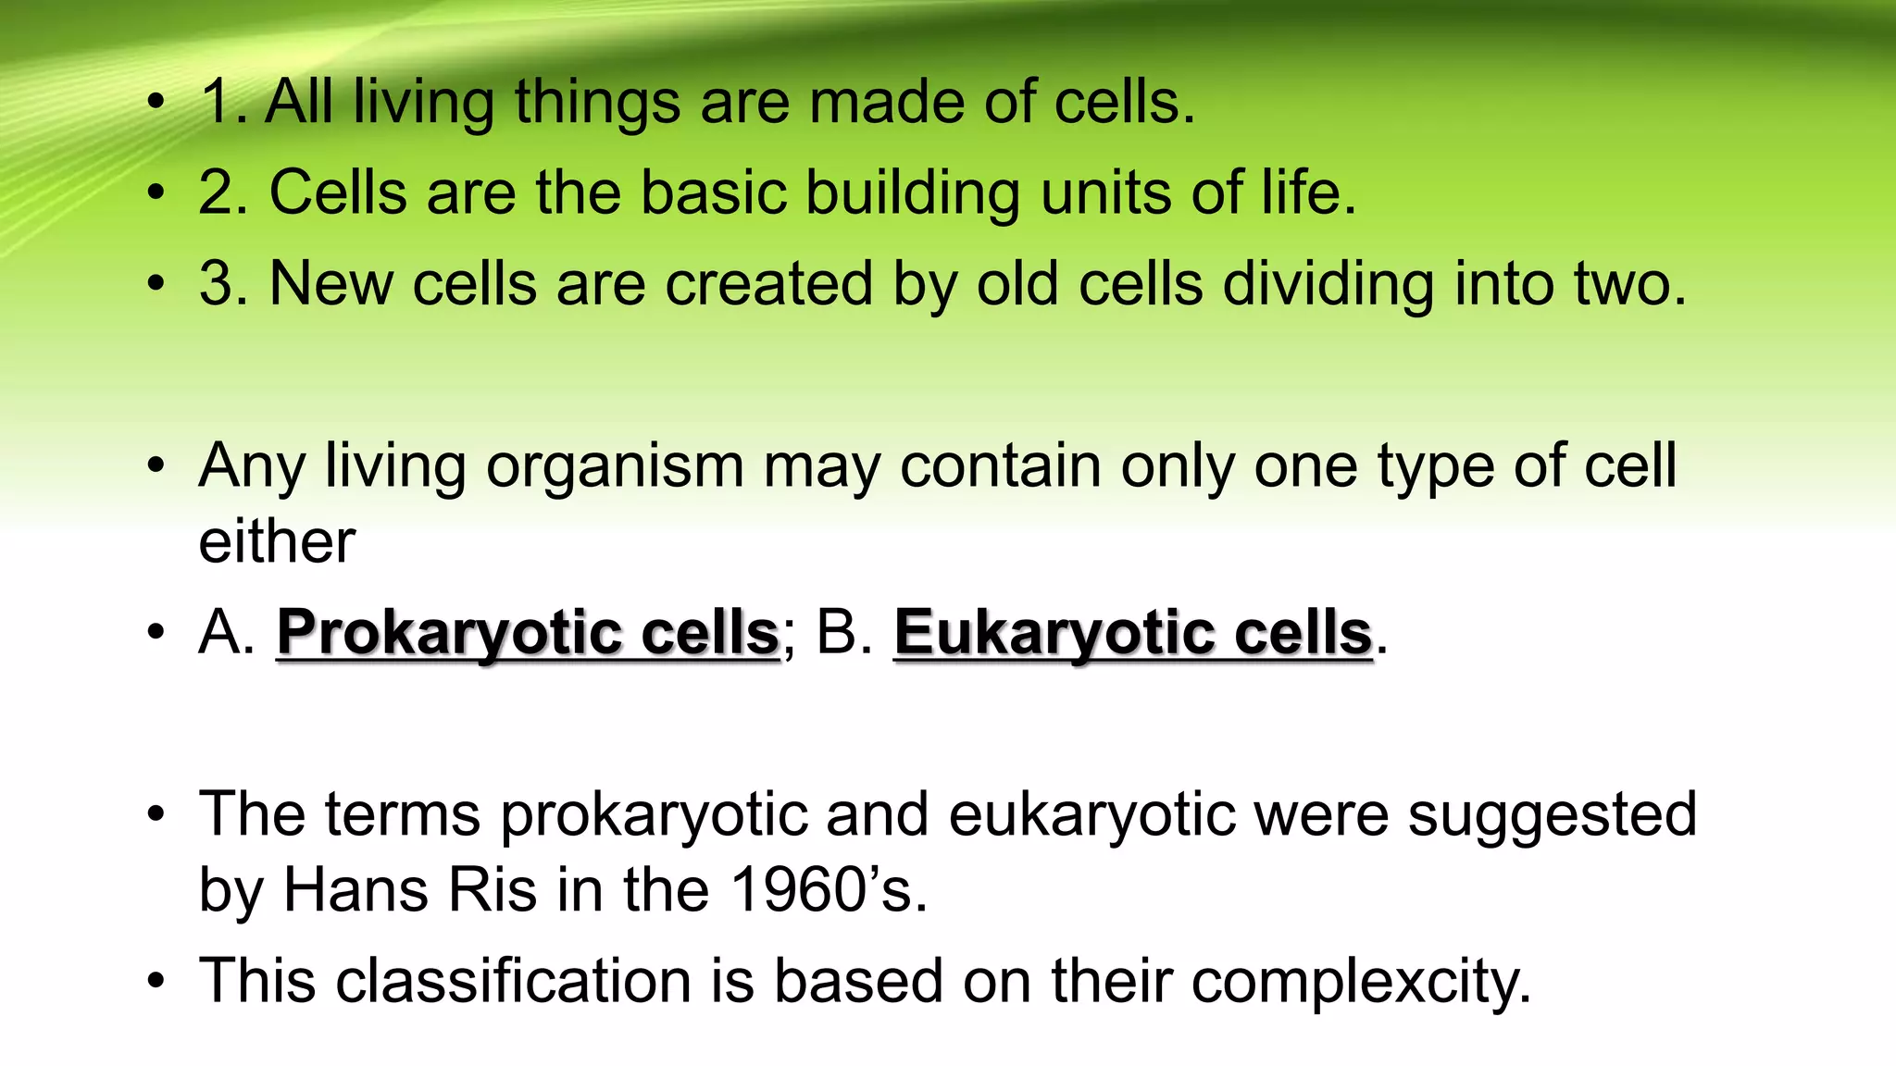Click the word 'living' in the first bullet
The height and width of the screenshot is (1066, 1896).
tap(423, 102)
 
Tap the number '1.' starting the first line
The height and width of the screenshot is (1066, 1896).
tap(223, 102)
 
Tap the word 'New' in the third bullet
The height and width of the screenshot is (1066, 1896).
tap(331, 283)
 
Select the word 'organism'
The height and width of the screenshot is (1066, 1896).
tap(614, 465)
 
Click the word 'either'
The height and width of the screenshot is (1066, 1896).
tap(277, 541)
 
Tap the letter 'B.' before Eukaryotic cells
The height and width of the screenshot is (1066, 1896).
tap(844, 633)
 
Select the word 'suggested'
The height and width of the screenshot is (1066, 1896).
tap(1552, 815)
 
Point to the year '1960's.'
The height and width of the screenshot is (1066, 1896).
tap(829, 890)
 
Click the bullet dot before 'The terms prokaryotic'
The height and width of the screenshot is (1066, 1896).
tap(156, 815)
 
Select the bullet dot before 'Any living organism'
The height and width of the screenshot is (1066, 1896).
tap(156, 465)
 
